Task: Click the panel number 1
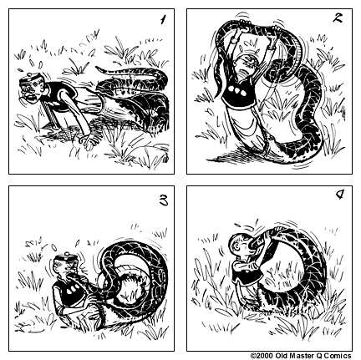point(161,18)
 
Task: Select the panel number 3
point(161,200)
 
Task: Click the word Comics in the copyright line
point(343,354)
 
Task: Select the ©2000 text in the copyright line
point(262,354)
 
